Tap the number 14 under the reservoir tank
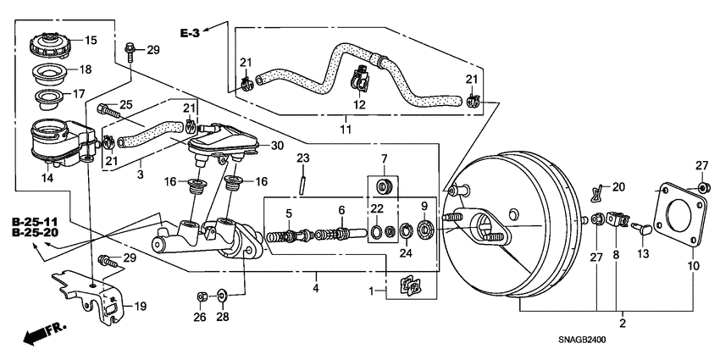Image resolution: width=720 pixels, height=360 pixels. point(47,179)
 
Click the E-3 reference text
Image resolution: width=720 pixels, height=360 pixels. point(191,33)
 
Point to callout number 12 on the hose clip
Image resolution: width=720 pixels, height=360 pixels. point(359,105)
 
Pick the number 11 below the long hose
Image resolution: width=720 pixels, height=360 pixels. point(345,130)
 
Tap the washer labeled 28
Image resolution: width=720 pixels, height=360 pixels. point(220,296)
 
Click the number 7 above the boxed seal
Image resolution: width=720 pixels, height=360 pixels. point(383,160)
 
